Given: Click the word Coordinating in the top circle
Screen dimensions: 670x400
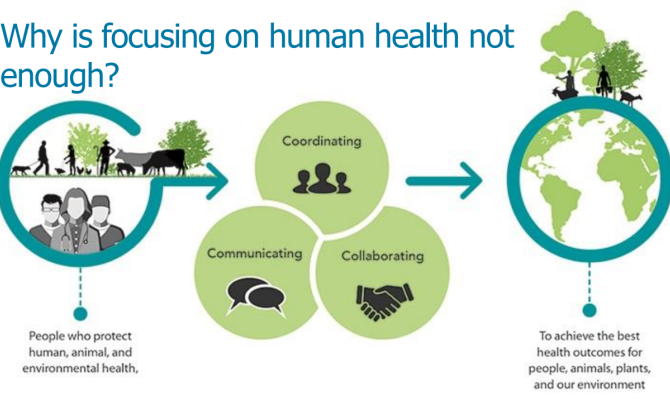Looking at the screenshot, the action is point(322,141).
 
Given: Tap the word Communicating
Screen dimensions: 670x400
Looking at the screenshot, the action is point(255,253).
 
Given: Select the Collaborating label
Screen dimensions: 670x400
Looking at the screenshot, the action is point(382,256).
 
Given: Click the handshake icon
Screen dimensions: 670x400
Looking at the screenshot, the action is point(385,300).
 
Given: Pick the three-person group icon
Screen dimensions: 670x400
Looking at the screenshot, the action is point(322,178).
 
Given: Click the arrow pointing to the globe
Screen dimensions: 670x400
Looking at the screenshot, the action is point(444,181).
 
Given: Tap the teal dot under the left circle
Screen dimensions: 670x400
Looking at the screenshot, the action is point(80,313).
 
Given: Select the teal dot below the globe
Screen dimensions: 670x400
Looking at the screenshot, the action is point(589,310).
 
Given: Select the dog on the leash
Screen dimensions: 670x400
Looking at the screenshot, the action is point(21,170).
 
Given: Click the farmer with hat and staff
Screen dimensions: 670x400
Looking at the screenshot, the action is point(105,157).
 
